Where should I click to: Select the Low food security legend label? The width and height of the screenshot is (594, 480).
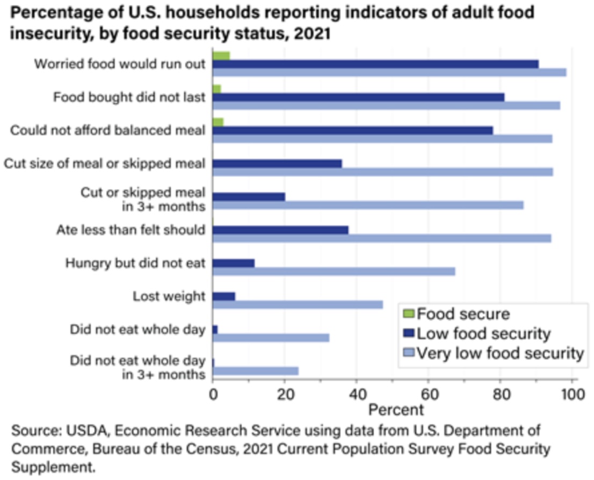coord(484,333)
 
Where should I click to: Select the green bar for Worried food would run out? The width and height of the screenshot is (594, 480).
coord(221,55)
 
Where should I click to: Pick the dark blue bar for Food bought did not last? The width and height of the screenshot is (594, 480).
coord(359,97)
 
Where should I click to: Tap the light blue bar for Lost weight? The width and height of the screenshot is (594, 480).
coord(298,304)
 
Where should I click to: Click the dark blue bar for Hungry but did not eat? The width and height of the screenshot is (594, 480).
coord(234,263)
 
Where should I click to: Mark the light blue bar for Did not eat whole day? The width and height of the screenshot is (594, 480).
coord(271,338)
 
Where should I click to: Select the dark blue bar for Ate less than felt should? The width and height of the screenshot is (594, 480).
coord(280,230)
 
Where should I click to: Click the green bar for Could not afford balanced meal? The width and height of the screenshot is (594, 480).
coord(218,122)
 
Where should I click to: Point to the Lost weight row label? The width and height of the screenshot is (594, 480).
coord(169,296)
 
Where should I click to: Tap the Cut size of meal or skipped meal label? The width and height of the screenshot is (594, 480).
coord(105,163)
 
